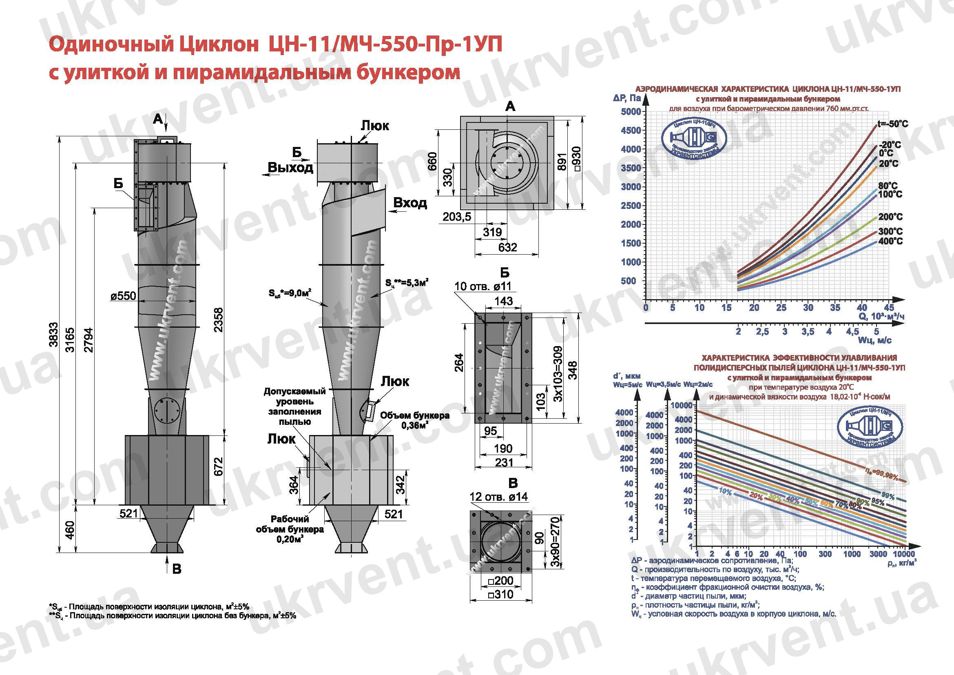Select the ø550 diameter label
pyautogui.click(x=124, y=296)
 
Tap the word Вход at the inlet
pyautogui.click(x=409, y=203)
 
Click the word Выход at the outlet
pyautogui.click(x=290, y=167)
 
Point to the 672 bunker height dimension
pyautogui.click(x=219, y=466)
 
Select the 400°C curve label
pyautogui.click(x=890, y=242)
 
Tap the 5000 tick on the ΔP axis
pyautogui.click(x=631, y=111)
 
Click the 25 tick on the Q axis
pyautogui.click(x=781, y=308)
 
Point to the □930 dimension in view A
pyautogui.click(x=576, y=159)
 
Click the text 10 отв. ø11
pyautogui.click(x=483, y=286)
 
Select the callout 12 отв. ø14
pyautogui.click(x=498, y=497)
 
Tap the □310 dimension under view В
pyautogui.click(x=501, y=595)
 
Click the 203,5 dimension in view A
pyautogui.click(x=457, y=217)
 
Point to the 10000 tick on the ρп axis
pyautogui.click(x=903, y=554)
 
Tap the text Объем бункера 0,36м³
pyautogui.click(x=415, y=420)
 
